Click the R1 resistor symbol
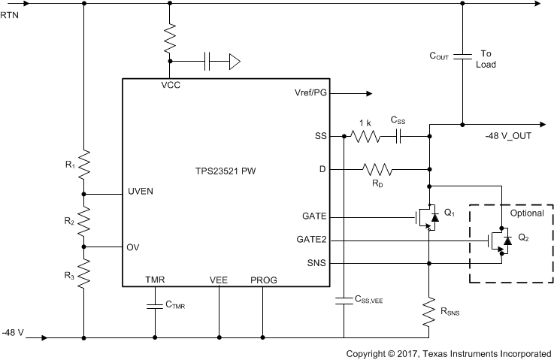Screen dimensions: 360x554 pyautogui.click(x=83, y=161)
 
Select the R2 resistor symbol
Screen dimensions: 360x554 pyautogui.click(x=83, y=220)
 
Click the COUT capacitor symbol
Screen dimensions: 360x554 pyautogui.click(x=462, y=55)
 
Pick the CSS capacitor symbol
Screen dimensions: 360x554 pyautogui.click(x=399, y=136)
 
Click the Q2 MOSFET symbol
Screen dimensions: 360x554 pyautogui.click(x=498, y=241)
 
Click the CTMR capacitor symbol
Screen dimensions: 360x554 pyautogui.click(x=155, y=305)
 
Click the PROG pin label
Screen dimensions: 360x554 pyautogui.click(x=263, y=280)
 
